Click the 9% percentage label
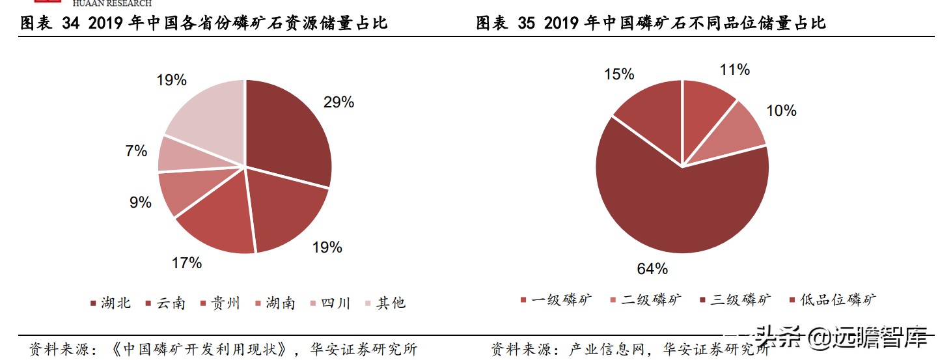(140, 202)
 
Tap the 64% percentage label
(652, 268)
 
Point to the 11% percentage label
(735, 70)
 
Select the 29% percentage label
(338, 102)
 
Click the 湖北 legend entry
(111, 303)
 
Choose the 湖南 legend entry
(275, 303)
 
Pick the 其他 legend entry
(385, 303)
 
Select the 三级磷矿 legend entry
(735, 300)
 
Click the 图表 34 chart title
(204, 23)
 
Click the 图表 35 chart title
(650, 23)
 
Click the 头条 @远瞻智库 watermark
(840, 338)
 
